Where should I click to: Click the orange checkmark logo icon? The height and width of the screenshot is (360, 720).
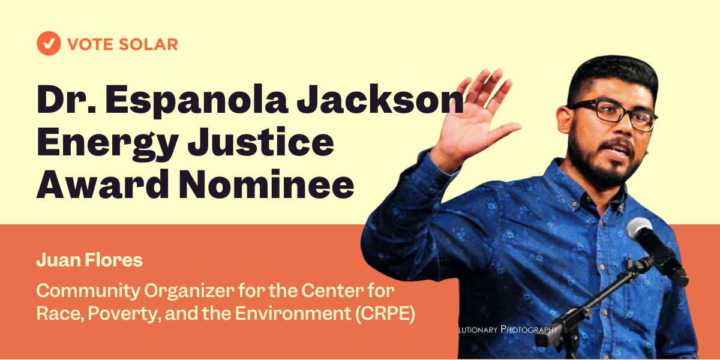pos(49,43)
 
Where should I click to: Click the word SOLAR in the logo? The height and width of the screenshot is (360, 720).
pos(148,44)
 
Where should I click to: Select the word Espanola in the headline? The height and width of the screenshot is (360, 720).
pos(196,100)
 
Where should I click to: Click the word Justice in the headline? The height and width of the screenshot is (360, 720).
pos(261,142)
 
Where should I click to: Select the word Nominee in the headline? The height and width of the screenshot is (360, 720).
pos(266,185)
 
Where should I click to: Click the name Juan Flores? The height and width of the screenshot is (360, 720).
pos(89,260)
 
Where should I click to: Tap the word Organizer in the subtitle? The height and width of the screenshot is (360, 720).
pos(189,291)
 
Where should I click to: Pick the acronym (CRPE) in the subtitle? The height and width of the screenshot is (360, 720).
pos(385,314)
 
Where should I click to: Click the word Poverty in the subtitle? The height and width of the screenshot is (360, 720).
pos(124,314)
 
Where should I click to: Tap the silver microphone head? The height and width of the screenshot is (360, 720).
pos(640,228)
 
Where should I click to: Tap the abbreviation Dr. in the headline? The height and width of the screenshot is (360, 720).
pos(67,100)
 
